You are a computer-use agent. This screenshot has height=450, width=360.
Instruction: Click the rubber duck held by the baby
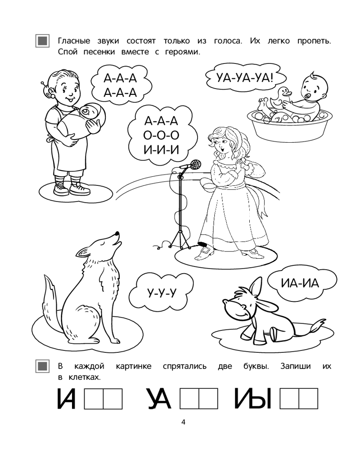tap(280, 97)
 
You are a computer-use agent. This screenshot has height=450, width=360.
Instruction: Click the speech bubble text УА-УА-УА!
tap(245, 78)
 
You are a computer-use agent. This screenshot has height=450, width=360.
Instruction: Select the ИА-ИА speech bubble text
tap(300, 283)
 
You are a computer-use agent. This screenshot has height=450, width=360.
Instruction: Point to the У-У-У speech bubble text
tap(162, 293)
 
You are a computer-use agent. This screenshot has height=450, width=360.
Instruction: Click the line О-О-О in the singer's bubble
tap(162, 135)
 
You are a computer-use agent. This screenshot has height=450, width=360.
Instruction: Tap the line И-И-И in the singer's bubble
tap(162, 149)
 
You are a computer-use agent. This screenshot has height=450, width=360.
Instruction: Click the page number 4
tap(184, 422)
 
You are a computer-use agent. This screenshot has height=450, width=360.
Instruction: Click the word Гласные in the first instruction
tap(74, 41)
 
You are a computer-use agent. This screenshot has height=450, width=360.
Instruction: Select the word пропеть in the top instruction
tap(314, 41)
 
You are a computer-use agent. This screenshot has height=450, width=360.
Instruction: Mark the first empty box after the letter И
tap(94, 399)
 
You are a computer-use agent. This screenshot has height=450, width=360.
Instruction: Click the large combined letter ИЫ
tap(253, 399)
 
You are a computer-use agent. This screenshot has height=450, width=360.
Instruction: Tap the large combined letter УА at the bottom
tap(160, 399)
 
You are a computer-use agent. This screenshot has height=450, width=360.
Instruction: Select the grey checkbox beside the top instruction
tap(42, 41)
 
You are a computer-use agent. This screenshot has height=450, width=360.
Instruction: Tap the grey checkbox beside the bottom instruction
tap(42, 366)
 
